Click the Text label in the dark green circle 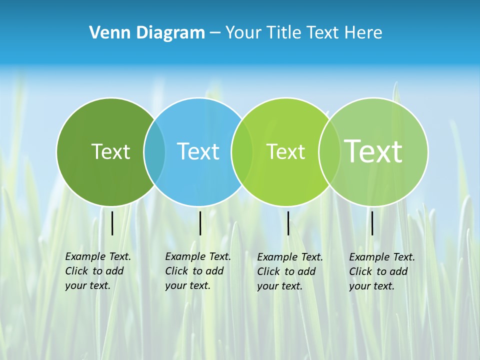click(110, 151)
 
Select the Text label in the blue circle click(198, 151)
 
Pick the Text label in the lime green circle click(285, 151)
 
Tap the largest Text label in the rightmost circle click(373, 151)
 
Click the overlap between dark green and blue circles click(154, 151)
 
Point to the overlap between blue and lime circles click(242, 151)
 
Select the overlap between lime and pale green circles click(329, 151)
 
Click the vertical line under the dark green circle click(112, 223)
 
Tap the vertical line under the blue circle click(200, 223)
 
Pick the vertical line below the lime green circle click(288, 223)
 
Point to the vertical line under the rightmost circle click(372, 223)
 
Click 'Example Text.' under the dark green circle click(98, 256)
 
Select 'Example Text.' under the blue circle click(198, 256)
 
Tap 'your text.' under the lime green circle click(279, 286)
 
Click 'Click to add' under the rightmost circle click(378, 271)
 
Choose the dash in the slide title click(215, 33)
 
